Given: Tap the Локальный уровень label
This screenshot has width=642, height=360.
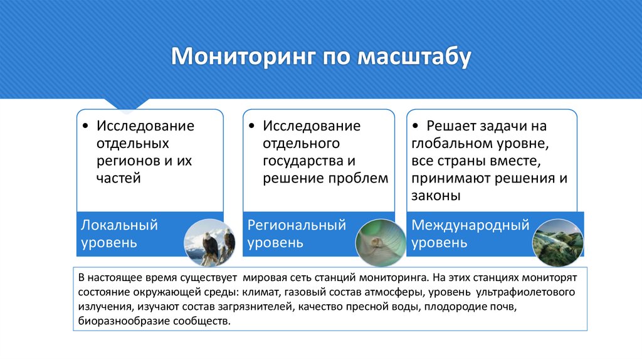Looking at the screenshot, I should pyautogui.click(x=118, y=233).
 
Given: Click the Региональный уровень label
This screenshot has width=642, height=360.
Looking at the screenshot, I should pyautogui.click(x=297, y=233).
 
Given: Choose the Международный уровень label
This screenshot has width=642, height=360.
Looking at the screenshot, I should pyautogui.click(x=470, y=233).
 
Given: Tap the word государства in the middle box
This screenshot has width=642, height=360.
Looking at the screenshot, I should pyautogui.click(x=303, y=161).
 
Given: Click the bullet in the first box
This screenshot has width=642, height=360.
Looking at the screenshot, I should pyautogui.click(x=85, y=126).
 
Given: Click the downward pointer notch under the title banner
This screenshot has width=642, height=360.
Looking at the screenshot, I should pyautogui.click(x=127, y=104).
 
